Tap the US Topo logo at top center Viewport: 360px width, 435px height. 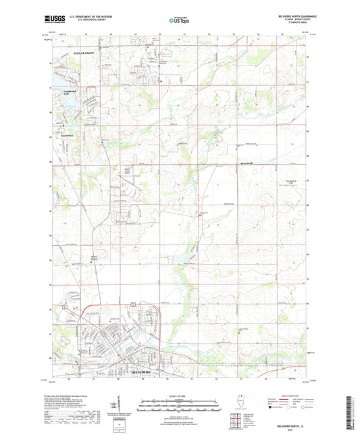177,20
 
